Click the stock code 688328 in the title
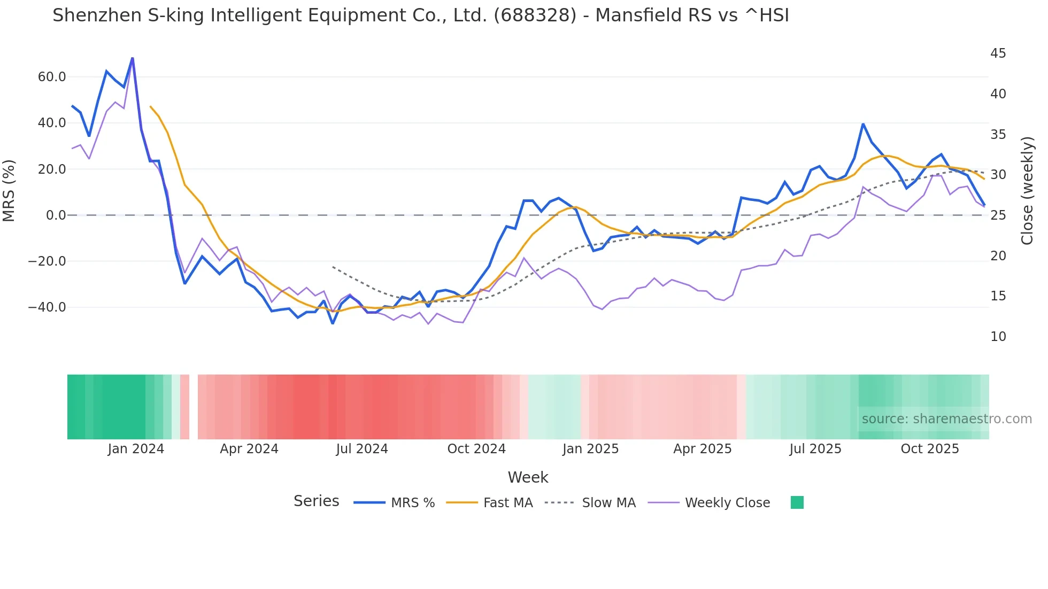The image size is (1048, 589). pyautogui.click(x=535, y=15)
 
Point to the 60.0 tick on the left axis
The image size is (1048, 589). pyautogui.click(x=52, y=77)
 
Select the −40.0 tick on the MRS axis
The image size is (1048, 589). pyautogui.click(x=48, y=307)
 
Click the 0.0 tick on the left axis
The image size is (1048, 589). pyautogui.click(x=56, y=215)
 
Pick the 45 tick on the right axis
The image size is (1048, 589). pyautogui.click(x=998, y=53)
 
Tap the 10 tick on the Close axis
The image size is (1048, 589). pyautogui.click(x=998, y=337)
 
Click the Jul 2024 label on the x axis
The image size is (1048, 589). pyautogui.click(x=362, y=449)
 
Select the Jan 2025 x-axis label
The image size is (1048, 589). pyautogui.click(x=590, y=449)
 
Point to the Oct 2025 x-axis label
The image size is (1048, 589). pyautogui.click(x=930, y=449)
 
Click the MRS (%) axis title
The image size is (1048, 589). pyautogui.click(x=9, y=191)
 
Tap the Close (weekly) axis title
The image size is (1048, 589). pyautogui.click(x=1027, y=191)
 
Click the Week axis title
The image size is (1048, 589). pyautogui.click(x=528, y=477)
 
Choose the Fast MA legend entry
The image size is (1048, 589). pyautogui.click(x=507, y=503)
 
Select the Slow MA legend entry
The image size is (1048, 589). pyautogui.click(x=608, y=503)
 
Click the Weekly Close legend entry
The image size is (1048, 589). pyautogui.click(x=727, y=503)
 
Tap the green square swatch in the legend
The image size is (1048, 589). pyautogui.click(x=797, y=502)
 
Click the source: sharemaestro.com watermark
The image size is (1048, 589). pyautogui.click(x=946, y=419)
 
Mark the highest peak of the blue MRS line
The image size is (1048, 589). pyautogui.click(x=132, y=58)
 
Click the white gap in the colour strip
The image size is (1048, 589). pyautogui.click(x=194, y=407)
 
